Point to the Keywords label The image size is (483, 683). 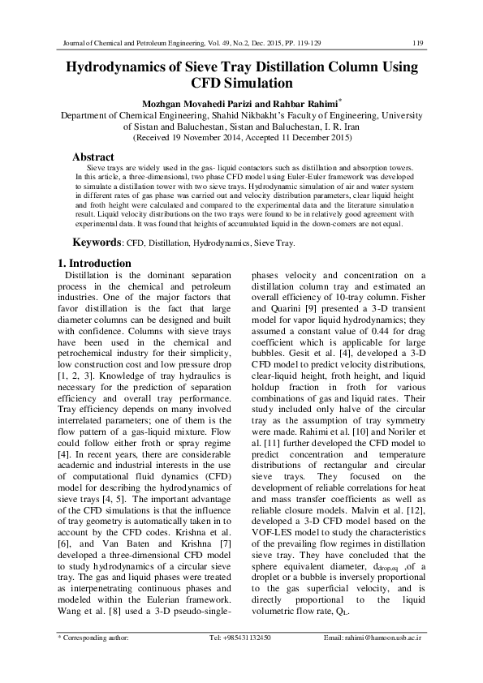click(x=97, y=242)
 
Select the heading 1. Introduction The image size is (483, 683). click(x=95, y=263)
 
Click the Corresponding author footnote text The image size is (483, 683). click(x=95, y=661)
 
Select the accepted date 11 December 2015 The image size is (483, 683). click(x=321, y=139)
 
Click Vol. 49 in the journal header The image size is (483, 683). click(x=231, y=43)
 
